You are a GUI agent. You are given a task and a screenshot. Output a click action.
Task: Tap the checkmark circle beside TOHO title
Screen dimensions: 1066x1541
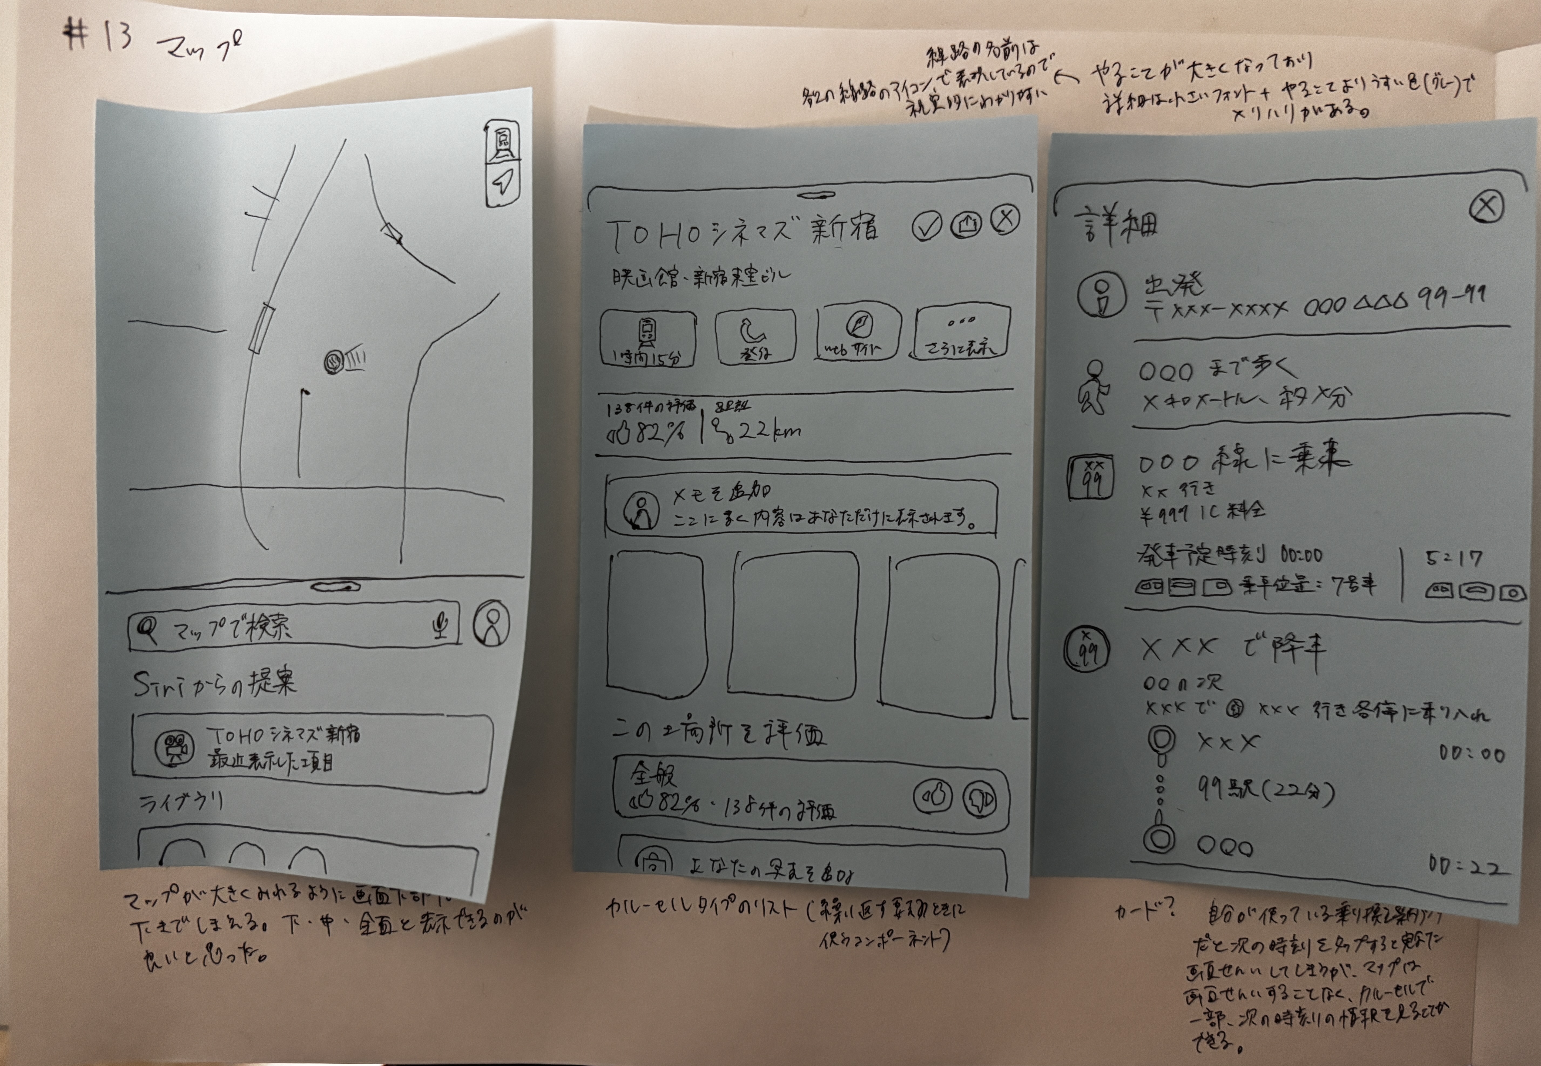tap(926, 227)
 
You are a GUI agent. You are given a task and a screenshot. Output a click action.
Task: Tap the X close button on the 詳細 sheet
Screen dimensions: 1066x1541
tap(1486, 206)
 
